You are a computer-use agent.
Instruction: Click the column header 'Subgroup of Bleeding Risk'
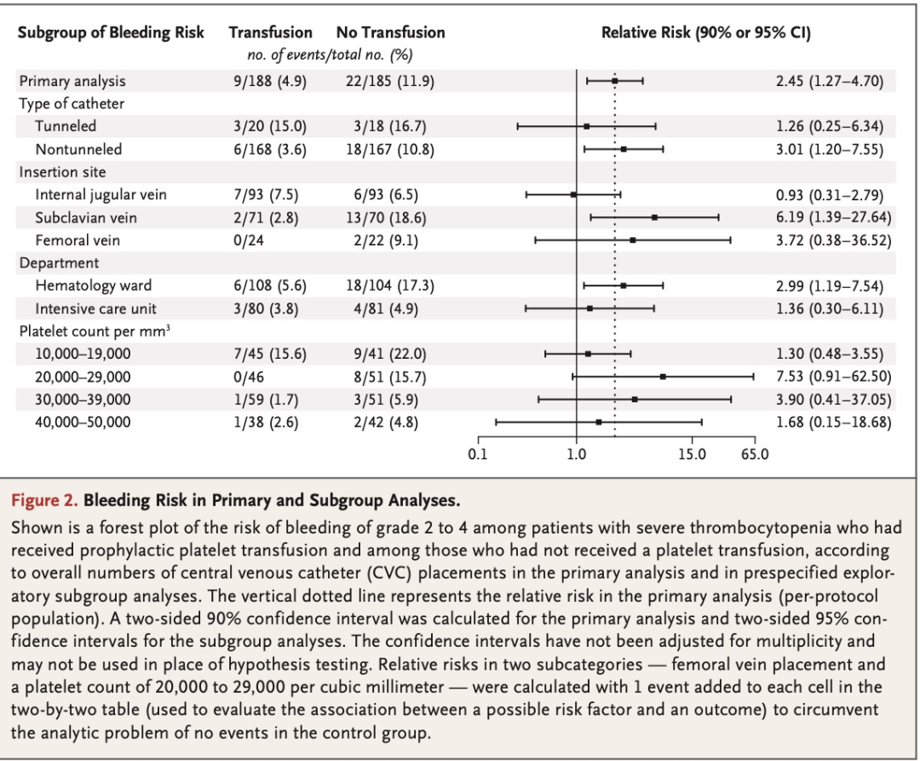tap(111, 33)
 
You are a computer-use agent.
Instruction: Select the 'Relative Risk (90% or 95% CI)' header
tap(705, 33)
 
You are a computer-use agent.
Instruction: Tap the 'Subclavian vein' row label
tap(85, 217)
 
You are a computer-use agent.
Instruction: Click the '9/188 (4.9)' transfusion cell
tap(269, 81)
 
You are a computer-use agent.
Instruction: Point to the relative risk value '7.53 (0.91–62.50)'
tap(833, 376)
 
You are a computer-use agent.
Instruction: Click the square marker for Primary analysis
tap(615, 81)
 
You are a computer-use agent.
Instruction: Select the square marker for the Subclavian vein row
tap(654, 217)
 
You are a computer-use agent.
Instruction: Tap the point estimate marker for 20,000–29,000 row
tap(663, 376)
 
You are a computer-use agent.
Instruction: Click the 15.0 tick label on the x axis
tap(691, 454)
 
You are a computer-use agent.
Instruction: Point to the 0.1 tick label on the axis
tap(478, 454)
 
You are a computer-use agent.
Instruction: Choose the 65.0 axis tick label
tap(754, 454)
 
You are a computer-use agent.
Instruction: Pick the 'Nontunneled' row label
tap(78, 149)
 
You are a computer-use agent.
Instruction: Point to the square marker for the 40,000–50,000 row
tap(599, 422)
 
